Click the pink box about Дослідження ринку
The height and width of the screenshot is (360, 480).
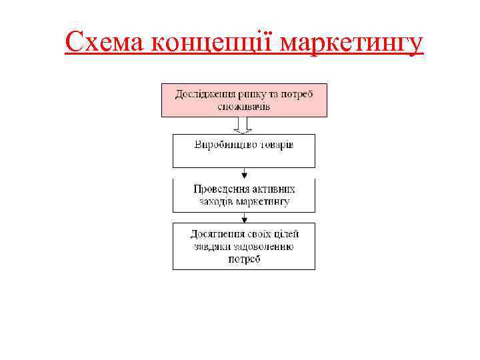(244, 100)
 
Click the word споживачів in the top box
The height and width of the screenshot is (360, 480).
(244, 107)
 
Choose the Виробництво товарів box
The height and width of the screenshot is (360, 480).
(244, 151)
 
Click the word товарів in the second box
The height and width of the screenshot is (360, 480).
(275, 145)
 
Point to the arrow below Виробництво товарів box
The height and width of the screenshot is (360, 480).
(244, 173)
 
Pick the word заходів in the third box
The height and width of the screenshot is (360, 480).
(216, 201)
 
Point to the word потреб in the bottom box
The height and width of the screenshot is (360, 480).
(244, 259)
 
